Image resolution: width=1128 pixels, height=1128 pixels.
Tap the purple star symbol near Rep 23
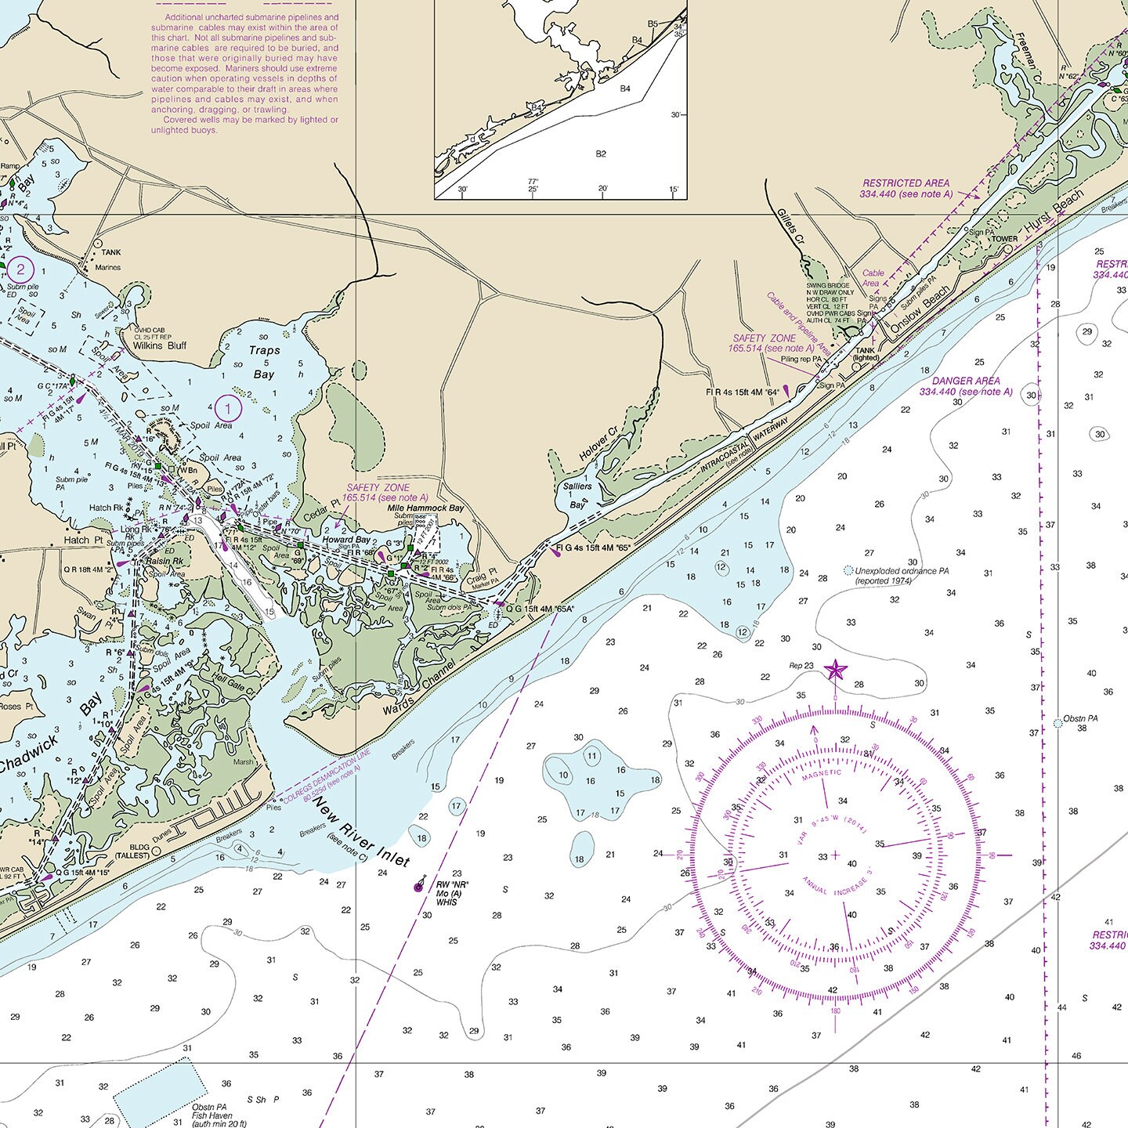coord(836,670)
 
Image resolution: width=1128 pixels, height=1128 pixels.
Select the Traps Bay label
coord(264,362)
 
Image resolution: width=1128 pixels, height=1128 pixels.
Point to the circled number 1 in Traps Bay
coord(228,408)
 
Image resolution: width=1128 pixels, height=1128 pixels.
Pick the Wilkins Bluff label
coord(159,345)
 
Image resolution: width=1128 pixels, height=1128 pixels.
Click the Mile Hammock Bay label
coord(426,508)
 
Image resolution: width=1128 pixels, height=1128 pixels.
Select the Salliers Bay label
coord(577,495)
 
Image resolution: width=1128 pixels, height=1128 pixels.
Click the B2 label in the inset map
coord(601,154)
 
